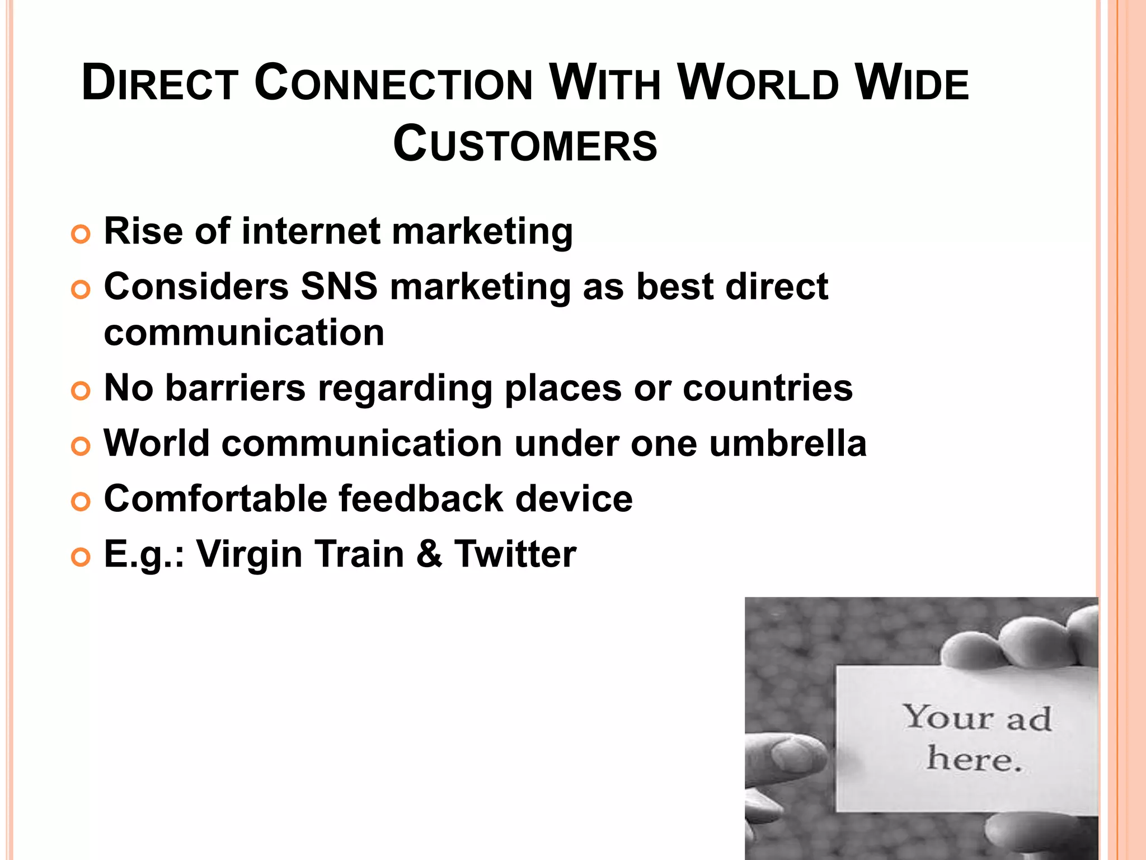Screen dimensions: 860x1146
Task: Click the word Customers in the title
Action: (525, 144)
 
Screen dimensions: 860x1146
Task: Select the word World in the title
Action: (758, 85)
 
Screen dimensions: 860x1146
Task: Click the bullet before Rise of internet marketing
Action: (81, 235)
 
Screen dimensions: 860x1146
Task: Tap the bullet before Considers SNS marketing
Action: (81, 290)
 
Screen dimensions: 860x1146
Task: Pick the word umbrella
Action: (788, 443)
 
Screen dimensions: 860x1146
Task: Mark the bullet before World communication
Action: (81, 447)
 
